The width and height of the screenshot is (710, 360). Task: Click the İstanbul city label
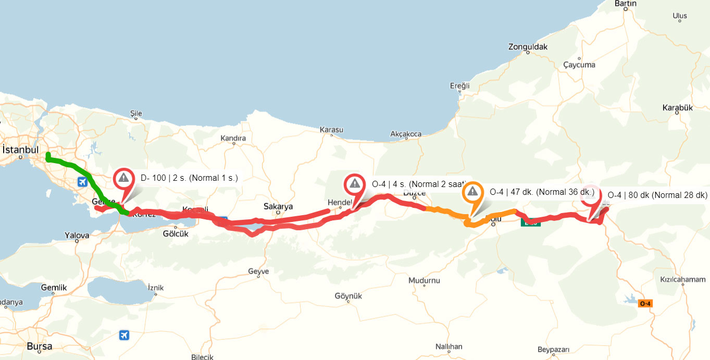point(21,150)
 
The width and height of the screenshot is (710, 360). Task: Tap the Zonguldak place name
point(528,47)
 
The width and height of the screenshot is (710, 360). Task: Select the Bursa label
point(40,346)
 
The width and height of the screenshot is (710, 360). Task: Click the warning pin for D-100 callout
point(123,179)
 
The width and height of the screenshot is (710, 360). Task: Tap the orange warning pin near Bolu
point(472,193)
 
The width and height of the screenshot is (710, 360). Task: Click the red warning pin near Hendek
point(355,184)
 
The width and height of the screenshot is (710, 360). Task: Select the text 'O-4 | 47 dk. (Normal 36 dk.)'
point(542,192)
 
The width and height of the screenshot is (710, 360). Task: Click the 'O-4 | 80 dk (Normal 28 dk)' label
point(657,195)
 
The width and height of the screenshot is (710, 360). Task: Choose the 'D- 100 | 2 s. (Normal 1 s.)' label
point(189,178)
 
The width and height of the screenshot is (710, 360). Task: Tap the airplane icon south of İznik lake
point(124,334)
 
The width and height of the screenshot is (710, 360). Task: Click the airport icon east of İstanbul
point(82,182)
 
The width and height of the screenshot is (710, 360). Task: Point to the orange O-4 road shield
point(645,303)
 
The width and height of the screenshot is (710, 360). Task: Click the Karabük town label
point(678,108)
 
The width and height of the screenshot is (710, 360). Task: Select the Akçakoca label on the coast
point(406,134)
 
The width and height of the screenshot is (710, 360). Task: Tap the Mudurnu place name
point(424,280)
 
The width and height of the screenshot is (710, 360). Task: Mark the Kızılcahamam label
point(682,280)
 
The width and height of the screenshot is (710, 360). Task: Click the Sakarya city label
point(278,206)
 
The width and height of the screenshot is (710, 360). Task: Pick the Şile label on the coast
point(136,114)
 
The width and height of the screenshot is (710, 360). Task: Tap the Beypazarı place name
point(553,349)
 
